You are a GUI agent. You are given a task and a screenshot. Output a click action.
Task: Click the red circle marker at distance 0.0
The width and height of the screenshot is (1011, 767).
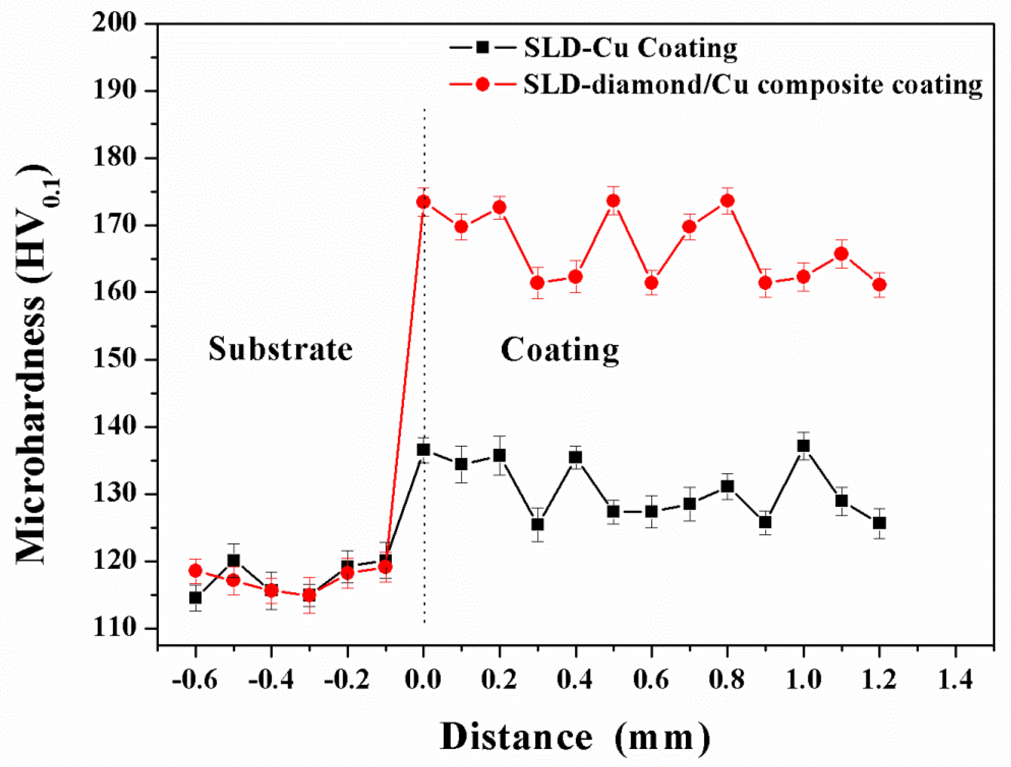tap(423, 202)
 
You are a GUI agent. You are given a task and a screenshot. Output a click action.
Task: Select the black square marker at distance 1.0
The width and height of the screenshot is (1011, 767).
tap(803, 446)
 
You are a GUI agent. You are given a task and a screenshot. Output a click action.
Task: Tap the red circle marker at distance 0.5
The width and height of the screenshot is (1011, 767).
tap(613, 201)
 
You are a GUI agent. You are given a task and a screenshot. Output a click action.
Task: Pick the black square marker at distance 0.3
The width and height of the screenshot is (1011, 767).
tap(537, 524)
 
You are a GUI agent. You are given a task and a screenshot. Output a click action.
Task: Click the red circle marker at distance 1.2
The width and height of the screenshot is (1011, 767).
tap(879, 284)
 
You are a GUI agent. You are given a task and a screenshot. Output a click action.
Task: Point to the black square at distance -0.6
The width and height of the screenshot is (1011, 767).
tap(196, 597)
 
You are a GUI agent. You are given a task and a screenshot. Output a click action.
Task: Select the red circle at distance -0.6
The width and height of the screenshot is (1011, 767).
tap(196, 570)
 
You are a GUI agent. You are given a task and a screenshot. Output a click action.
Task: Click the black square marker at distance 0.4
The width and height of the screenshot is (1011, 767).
tap(575, 457)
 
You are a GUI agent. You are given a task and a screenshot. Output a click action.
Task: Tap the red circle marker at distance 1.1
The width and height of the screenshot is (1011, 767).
tap(841, 253)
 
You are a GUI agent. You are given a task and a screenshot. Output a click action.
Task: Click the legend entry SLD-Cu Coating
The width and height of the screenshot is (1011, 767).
tap(630, 48)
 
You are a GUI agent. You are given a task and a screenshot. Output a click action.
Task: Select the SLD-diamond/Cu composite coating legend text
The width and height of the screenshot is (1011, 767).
tap(752, 85)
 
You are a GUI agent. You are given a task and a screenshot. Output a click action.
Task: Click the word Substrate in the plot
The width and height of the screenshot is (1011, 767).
tap(280, 349)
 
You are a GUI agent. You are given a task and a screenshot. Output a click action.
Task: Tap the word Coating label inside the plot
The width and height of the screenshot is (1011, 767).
tap(560, 350)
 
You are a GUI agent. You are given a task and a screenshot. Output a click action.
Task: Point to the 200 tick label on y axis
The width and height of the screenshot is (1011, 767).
tap(115, 23)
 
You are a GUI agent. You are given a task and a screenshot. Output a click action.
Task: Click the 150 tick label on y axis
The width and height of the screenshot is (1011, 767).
tap(115, 360)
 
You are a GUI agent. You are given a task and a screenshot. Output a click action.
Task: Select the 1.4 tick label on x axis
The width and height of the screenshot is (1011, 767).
tap(955, 680)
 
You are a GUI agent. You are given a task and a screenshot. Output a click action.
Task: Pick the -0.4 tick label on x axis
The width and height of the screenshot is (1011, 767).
tap(271, 680)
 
